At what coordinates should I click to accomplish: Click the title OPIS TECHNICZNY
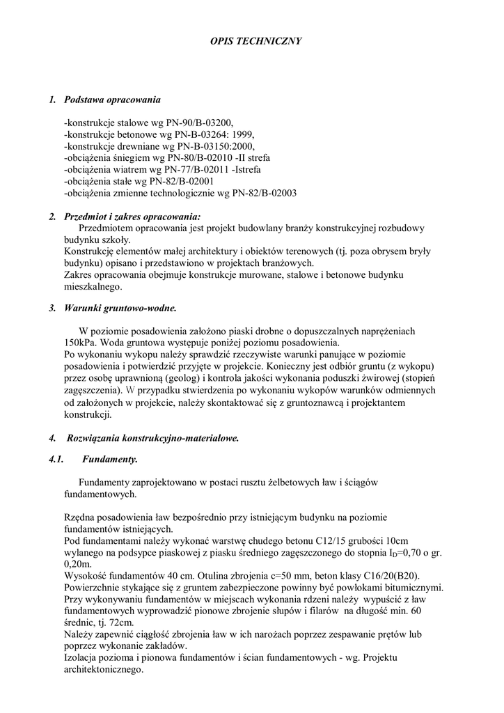(256, 42)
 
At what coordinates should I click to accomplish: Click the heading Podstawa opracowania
(112, 100)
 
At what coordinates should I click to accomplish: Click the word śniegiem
(131, 158)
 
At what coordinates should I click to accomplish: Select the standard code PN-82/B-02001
(198, 182)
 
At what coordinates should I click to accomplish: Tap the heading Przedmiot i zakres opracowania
(132, 217)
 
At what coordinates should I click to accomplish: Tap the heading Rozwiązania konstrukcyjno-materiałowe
(153, 438)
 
